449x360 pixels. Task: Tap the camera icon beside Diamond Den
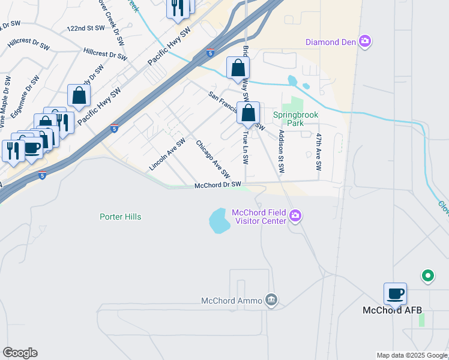coord(364,41)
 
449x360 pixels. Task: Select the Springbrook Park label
coord(294,119)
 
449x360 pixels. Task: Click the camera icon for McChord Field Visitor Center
coord(295,215)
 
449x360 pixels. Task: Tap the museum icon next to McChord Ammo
coord(271,300)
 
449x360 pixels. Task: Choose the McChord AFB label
coord(393,310)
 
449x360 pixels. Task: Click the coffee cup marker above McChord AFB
coord(396,294)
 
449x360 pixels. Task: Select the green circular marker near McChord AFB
coord(427,276)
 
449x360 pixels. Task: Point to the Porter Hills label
coord(121,217)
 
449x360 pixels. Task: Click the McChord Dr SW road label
coord(218,185)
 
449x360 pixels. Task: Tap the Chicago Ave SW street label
coord(213,159)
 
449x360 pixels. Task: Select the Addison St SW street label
coord(280,152)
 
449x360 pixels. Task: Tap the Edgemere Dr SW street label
coord(22,96)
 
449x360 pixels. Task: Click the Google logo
coord(20,353)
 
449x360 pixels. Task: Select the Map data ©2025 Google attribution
coord(412,355)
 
